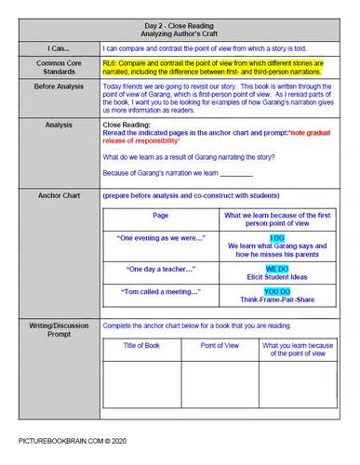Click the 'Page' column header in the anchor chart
(x=160, y=216)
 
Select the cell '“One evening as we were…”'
(x=160, y=238)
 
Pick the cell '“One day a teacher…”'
(x=160, y=269)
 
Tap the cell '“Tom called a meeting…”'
(x=160, y=292)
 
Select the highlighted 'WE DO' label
(x=277, y=269)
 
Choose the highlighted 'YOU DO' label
(x=277, y=292)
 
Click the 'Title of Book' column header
(x=141, y=346)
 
